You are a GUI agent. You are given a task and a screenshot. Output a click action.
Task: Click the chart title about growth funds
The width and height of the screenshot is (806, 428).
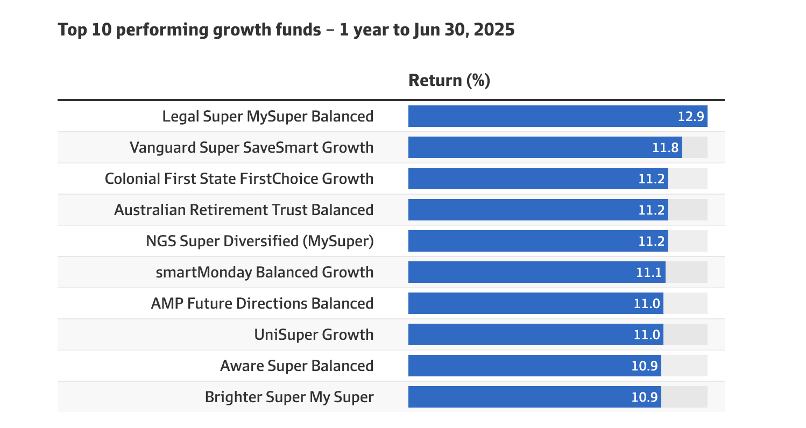[x=286, y=30]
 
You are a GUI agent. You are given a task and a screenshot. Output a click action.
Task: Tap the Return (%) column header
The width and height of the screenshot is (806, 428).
[x=449, y=80]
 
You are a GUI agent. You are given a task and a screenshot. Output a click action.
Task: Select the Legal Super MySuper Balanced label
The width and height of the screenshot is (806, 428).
[x=268, y=117]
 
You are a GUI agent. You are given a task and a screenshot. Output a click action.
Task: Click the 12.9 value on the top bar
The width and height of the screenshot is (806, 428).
[x=691, y=117]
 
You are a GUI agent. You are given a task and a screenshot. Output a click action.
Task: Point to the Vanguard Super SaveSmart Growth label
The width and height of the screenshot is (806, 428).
[x=252, y=147]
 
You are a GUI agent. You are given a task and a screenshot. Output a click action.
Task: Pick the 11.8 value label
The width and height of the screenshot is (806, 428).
[x=666, y=147]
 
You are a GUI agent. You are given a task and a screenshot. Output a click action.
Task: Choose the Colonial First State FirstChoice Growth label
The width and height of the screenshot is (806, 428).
[x=239, y=179]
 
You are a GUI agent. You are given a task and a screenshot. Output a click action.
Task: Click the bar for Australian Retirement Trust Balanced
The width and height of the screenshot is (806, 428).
[x=538, y=210]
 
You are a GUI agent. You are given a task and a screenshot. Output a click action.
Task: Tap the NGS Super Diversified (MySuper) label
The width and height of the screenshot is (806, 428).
[x=260, y=241]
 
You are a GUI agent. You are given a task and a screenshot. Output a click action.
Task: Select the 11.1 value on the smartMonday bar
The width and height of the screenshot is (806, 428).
[x=649, y=272]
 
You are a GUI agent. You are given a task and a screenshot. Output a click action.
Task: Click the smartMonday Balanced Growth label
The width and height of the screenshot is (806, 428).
[x=265, y=272]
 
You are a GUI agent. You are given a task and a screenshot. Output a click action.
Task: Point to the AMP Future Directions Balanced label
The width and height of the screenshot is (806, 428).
[x=263, y=304]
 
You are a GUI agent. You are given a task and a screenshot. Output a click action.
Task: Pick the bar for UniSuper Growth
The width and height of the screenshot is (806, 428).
[x=536, y=334]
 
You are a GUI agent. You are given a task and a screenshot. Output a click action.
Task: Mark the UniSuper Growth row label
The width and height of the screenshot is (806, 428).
[x=314, y=335]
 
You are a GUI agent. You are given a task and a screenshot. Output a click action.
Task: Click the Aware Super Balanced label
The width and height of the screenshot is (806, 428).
[x=297, y=366]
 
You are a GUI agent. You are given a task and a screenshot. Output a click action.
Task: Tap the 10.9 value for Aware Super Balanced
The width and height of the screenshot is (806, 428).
[x=645, y=366]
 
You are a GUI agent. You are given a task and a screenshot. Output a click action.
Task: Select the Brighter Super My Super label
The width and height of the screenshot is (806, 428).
[x=289, y=397]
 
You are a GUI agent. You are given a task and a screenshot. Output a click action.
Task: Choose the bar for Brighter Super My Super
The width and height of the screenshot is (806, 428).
[x=535, y=397]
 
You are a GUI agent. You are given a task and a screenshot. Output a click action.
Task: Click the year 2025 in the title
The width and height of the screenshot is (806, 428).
[x=494, y=30]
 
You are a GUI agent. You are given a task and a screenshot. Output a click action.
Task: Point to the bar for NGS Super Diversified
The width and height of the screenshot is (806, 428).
[x=538, y=241]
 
